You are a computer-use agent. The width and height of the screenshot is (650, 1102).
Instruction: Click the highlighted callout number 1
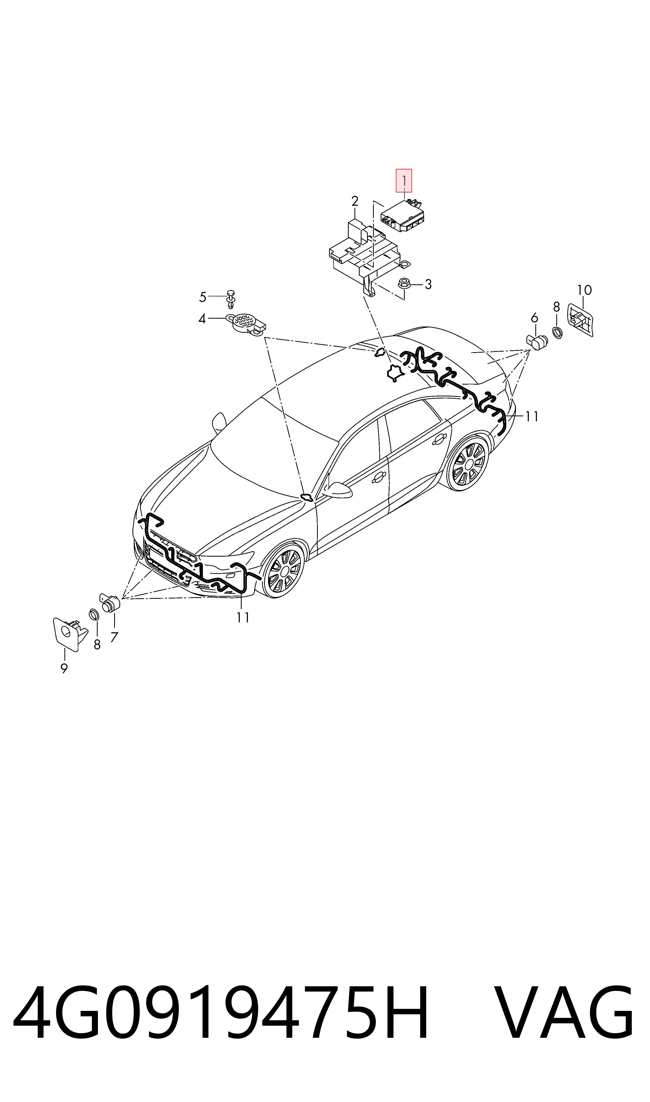click(404, 180)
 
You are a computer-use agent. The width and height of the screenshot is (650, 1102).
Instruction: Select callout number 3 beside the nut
click(428, 284)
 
